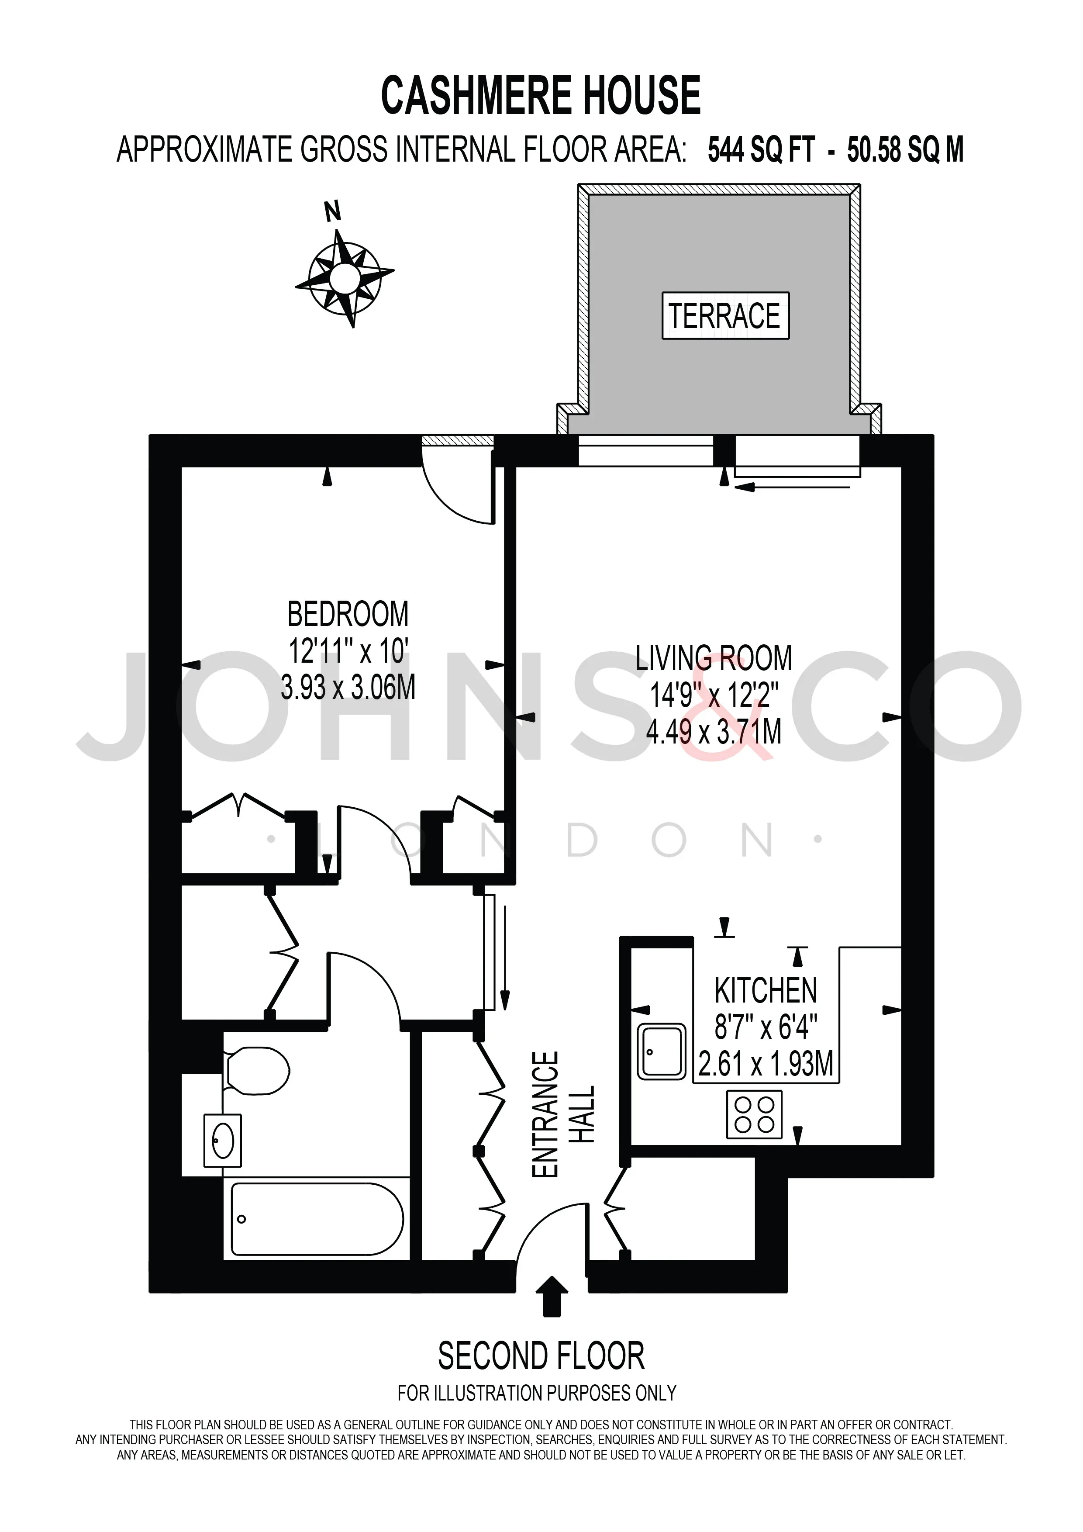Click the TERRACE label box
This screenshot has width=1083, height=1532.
click(x=725, y=315)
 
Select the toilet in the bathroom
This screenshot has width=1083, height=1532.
click(x=256, y=1071)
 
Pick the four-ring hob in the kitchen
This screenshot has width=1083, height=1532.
click(x=754, y=1114)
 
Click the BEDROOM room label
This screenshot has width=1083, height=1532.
click(x=348, y=614)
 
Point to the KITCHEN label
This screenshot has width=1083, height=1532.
click(x=766, y=991)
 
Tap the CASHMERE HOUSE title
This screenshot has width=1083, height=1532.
click(x=541, y=95)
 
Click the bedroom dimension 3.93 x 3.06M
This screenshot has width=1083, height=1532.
click(x=348, y=687)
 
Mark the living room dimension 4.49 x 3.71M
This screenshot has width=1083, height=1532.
click(x=714, y=732)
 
